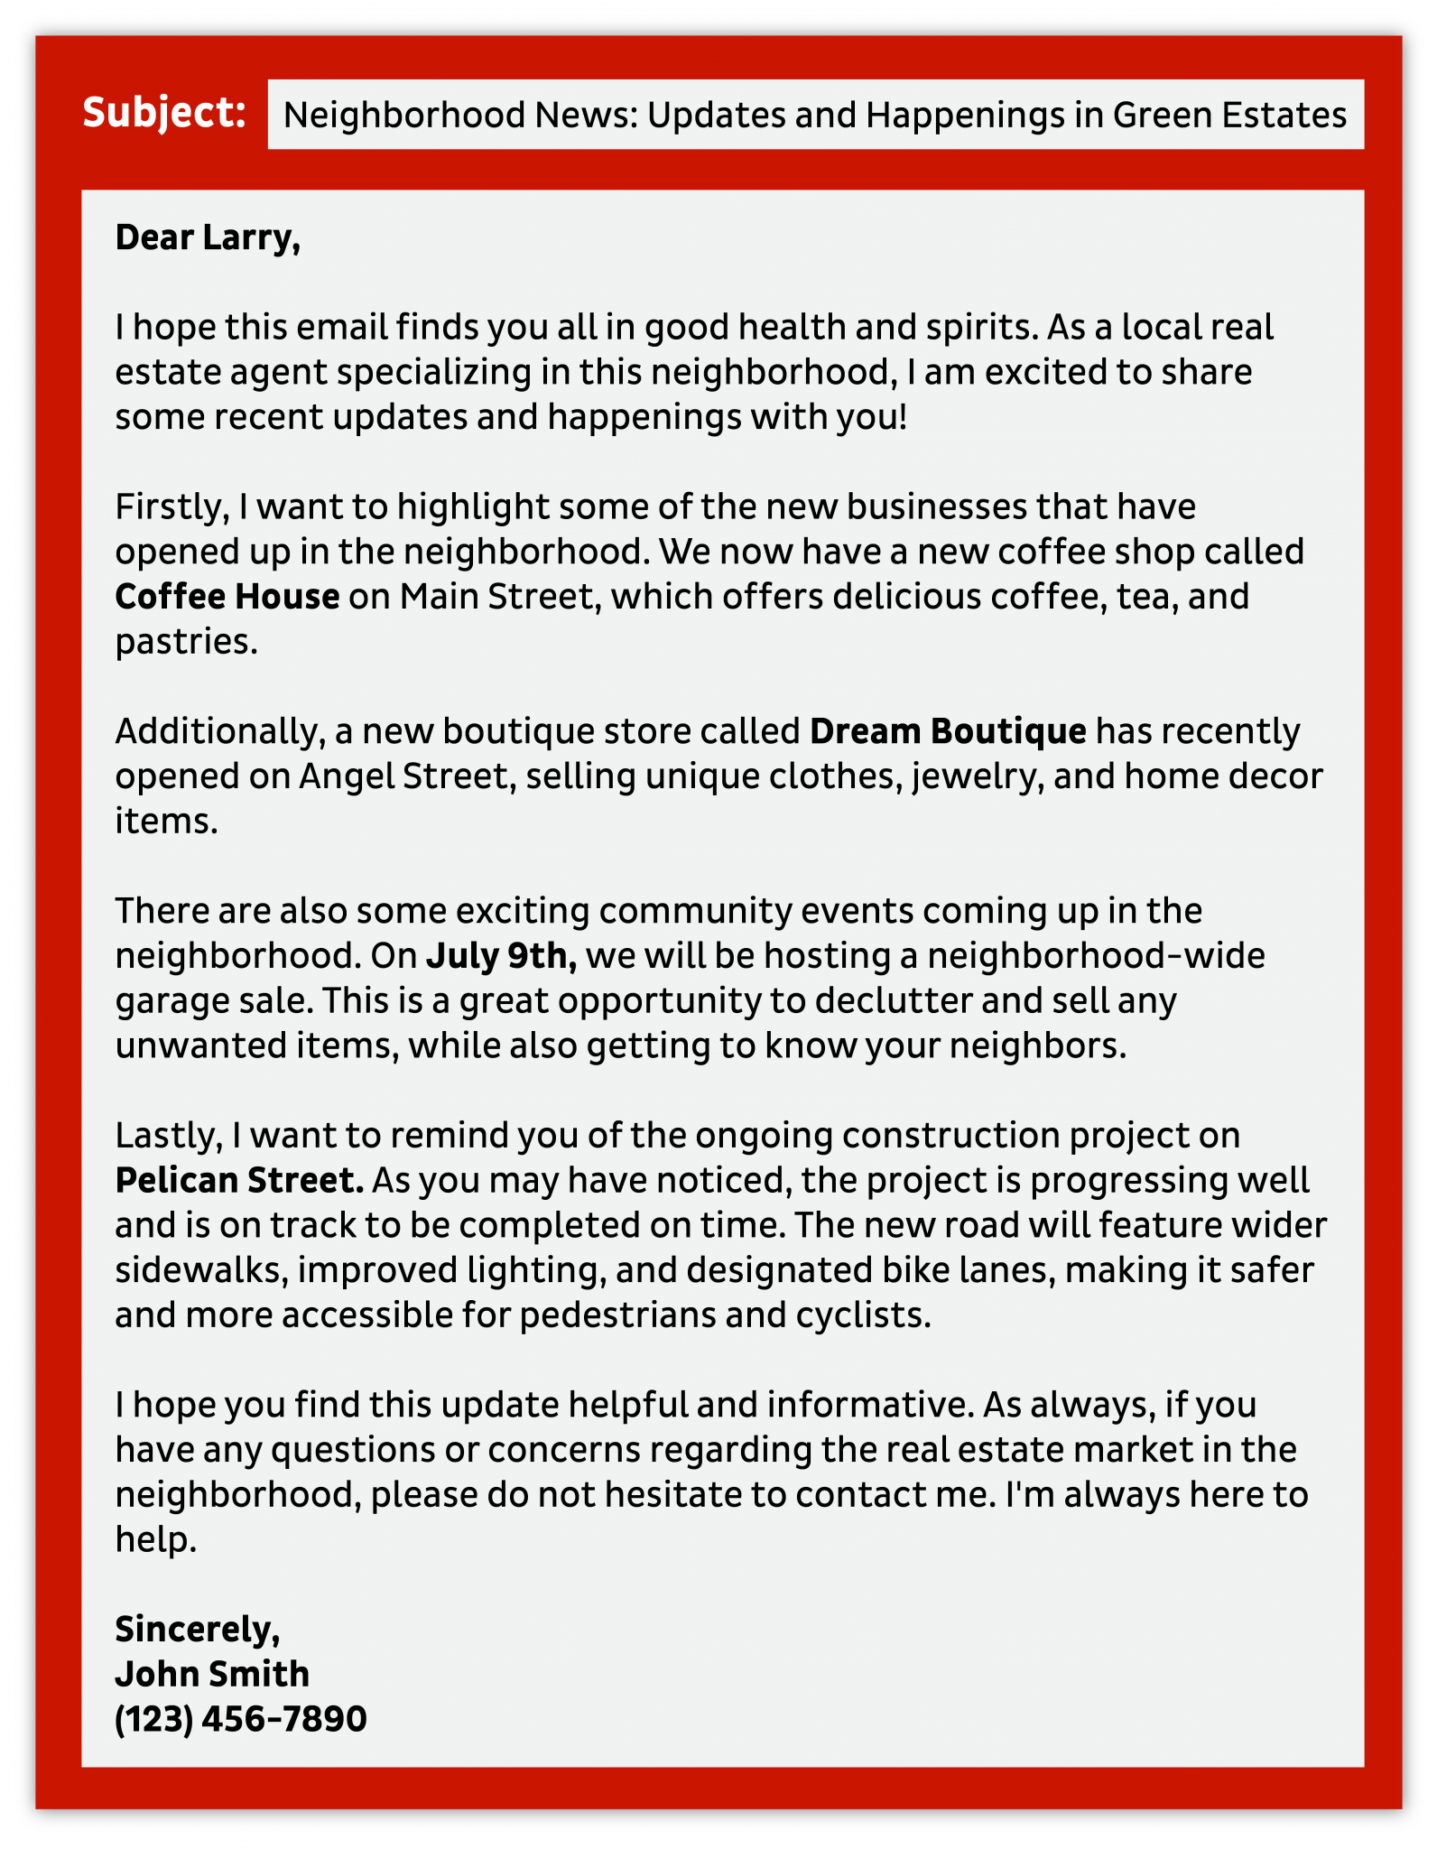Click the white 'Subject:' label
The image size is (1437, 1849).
pos(164,113)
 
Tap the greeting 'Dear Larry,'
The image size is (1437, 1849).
pos(208,237)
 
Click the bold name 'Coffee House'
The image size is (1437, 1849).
pos(227,597)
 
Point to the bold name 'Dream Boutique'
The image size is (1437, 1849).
pos(948,731)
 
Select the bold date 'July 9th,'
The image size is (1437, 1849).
pos(501,956)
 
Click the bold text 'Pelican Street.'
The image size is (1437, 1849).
pos(239,1181)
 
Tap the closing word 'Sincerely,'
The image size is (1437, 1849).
pos(198,1630)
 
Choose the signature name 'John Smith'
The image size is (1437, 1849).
pos(212,1675)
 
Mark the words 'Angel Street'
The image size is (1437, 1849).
pos(404,776)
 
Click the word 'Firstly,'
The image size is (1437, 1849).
pos(168,507)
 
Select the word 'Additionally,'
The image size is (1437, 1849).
pos(219,731)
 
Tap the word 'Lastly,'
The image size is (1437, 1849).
pos(168,1136)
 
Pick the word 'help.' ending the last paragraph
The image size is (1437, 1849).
pos(155,1540)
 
